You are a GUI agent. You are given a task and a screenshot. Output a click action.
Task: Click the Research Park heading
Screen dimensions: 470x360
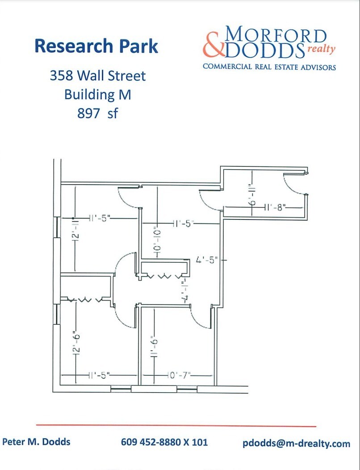click(96, 46)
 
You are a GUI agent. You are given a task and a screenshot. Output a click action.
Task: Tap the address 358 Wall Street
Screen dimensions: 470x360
click(97, 76)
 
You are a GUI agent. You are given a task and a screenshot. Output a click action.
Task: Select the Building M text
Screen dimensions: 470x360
click(97, 94)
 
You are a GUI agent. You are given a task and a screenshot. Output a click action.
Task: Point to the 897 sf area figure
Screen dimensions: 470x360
click(97, 113)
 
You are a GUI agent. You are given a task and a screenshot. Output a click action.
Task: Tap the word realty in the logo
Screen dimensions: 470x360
click(320, 49)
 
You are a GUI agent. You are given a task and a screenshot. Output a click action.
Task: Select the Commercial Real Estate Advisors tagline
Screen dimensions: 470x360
click(269, 67)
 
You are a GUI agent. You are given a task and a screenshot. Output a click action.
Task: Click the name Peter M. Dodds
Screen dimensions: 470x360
click(36, 442)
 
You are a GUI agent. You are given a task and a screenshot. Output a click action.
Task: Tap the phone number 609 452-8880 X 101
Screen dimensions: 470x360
click(164, 443)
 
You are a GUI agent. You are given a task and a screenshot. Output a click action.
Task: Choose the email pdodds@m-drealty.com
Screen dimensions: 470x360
click(297, 443)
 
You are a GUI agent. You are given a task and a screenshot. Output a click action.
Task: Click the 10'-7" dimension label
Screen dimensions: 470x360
click(179, 374)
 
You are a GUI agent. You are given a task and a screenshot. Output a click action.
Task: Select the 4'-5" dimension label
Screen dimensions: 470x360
click(207, 259)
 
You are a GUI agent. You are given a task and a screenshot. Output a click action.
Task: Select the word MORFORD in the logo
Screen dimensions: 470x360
click(275, 36)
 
